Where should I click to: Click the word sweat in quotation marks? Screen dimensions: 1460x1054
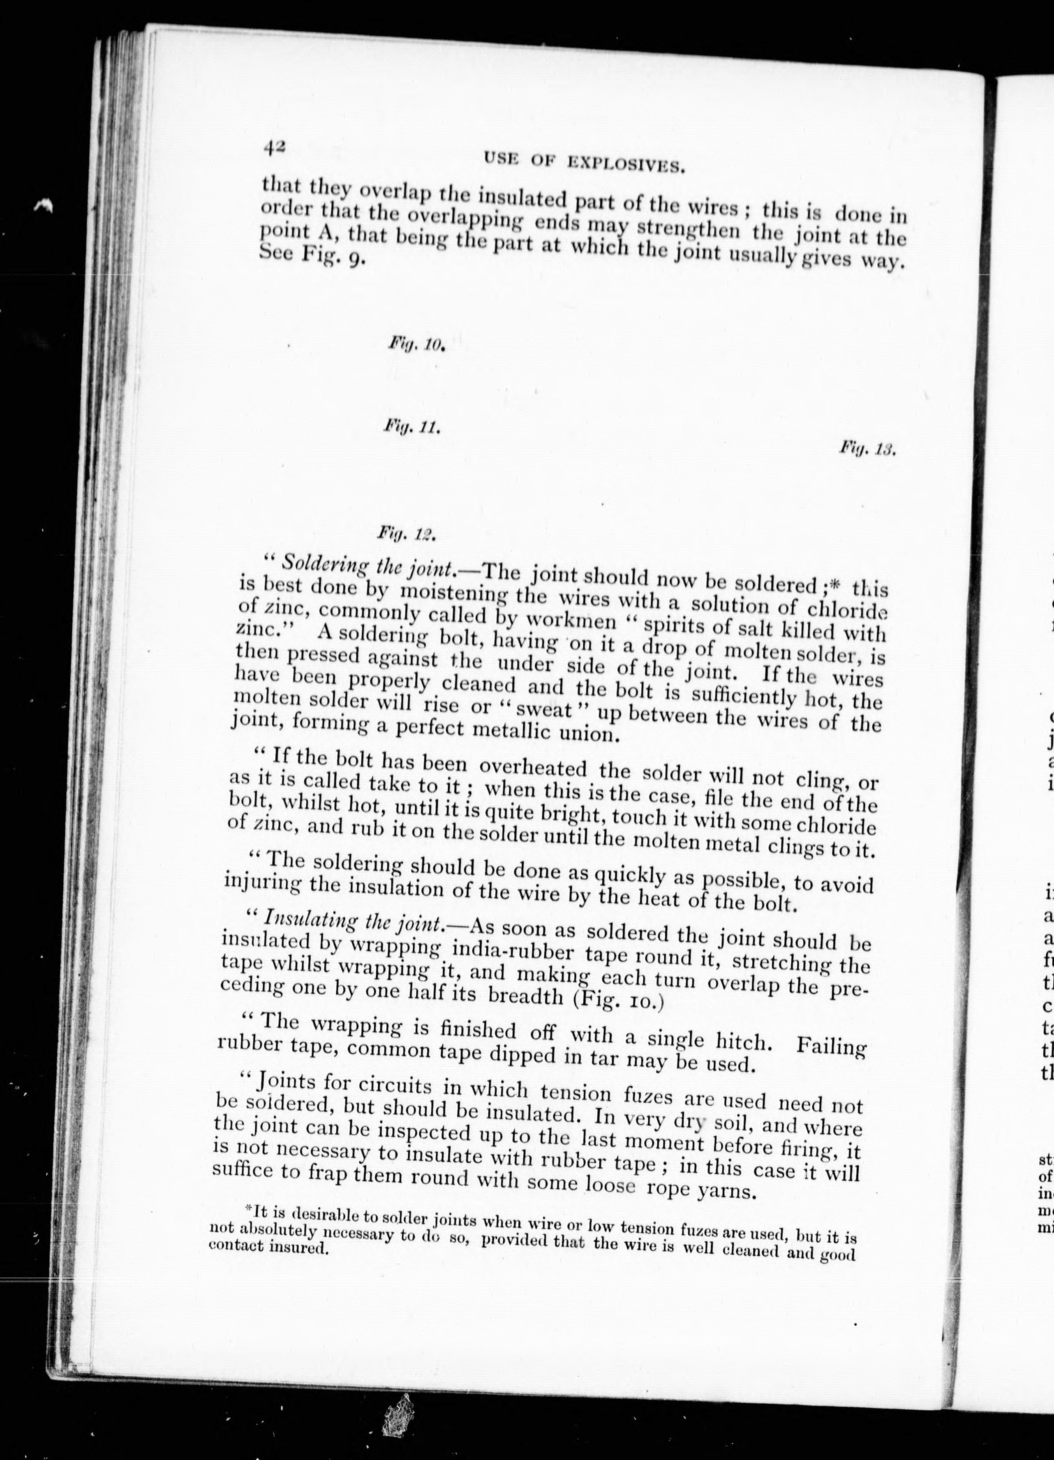(x=548, y=710)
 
